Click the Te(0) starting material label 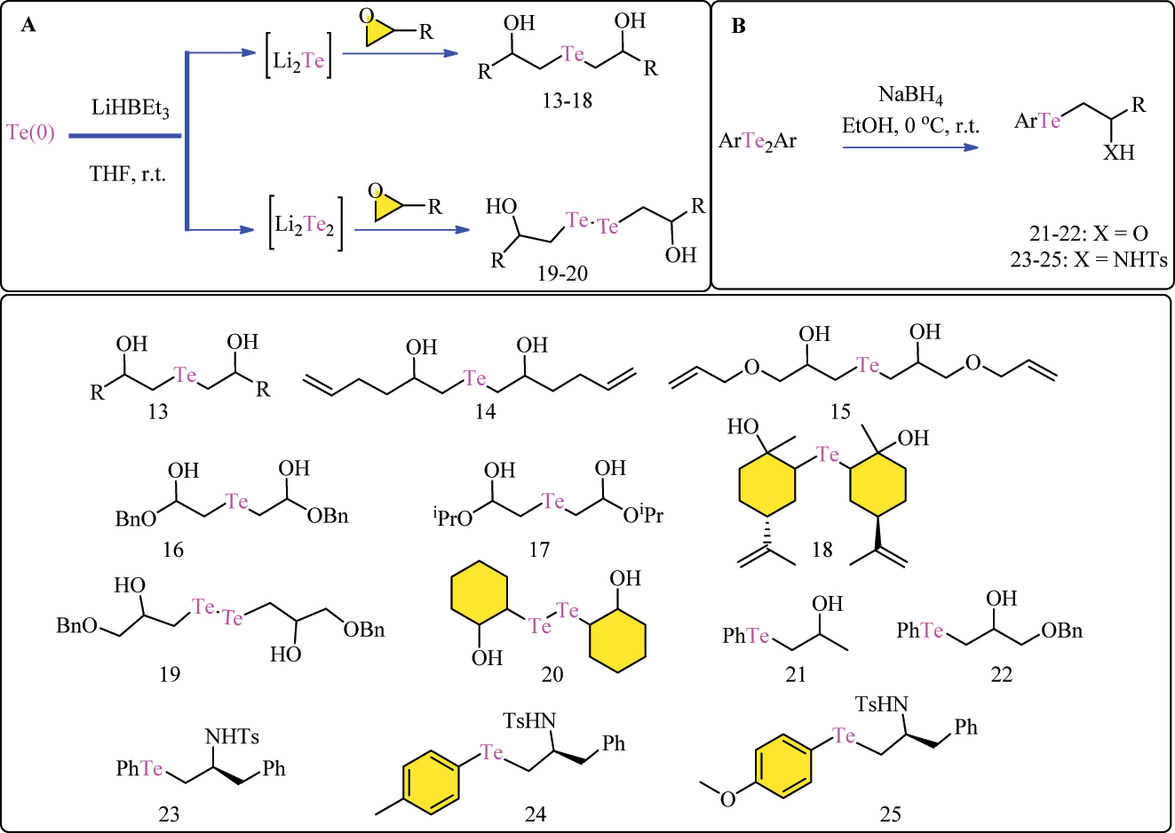tap(31, 133)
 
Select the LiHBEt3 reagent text tap(130, 108)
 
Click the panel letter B tap(738, 26)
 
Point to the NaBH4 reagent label tap(910, 95)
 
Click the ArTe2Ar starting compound tap(758, 141)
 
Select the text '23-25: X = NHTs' tap(1088, 260)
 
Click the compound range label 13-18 tap(567, 100)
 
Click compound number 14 tap(485, 412)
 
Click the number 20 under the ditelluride tap(552, 675)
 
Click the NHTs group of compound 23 tap(232, 737)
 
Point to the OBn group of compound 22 tap(1062, 631)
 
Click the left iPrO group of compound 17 tap(453, 518)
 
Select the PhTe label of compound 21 tap(745, 636)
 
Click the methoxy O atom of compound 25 tap(728, 799)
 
